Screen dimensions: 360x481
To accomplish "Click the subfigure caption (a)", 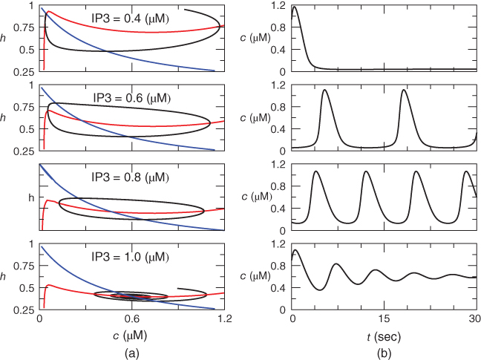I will point(131,352).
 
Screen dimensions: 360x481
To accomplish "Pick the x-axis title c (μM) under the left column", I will point(132,336).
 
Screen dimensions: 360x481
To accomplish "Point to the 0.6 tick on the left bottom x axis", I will point(132,320).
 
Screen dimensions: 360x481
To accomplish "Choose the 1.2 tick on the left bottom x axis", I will point(225,320).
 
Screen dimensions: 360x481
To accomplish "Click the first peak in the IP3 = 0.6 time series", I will point(325,90).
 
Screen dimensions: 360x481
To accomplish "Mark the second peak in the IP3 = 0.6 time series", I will point(404,90).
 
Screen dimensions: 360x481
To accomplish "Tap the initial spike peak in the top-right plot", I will point(295,7).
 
